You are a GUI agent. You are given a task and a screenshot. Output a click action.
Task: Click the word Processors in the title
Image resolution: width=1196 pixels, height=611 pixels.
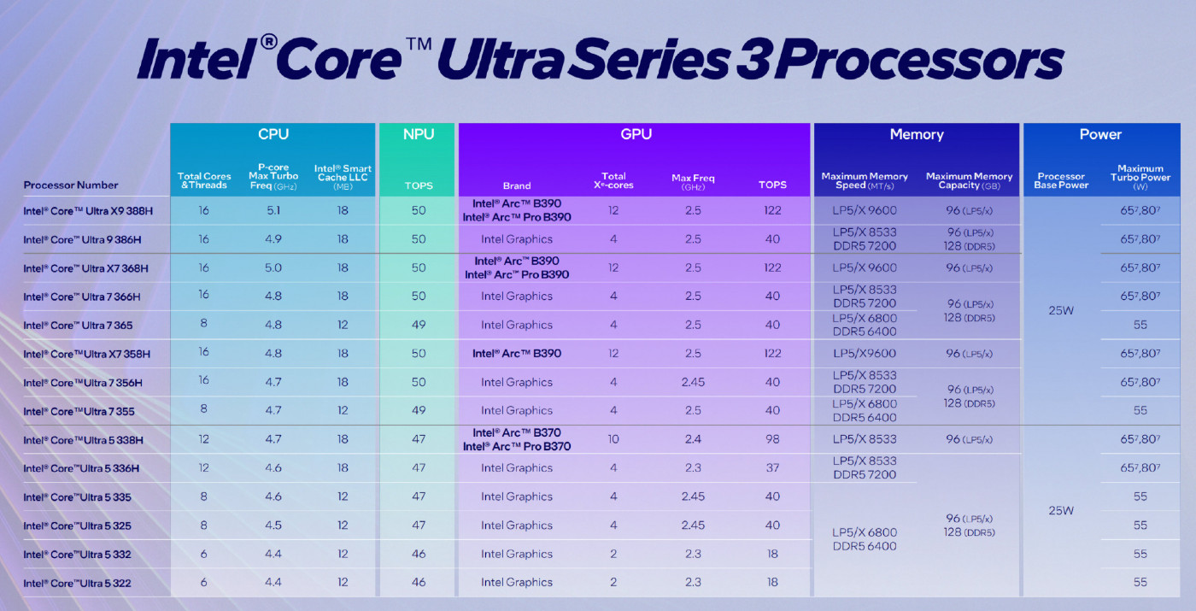tap(922, 62)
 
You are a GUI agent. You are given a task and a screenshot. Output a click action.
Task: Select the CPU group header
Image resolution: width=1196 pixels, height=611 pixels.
tap(273, 134)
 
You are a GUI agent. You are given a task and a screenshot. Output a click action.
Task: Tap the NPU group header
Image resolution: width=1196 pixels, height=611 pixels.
tap(418, 134)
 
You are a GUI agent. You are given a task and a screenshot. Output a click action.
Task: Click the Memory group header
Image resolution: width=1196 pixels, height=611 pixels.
tap(916, 134)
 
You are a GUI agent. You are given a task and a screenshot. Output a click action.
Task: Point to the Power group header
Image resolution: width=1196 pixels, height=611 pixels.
tap(1100, 134)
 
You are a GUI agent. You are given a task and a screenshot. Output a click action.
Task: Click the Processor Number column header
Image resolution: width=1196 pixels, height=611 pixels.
tap(71, 185)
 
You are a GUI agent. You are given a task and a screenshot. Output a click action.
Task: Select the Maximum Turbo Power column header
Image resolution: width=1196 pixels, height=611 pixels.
tap(1140, 177)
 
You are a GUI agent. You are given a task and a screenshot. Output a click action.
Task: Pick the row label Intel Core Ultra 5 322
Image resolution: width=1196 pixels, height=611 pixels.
tap(77, 583)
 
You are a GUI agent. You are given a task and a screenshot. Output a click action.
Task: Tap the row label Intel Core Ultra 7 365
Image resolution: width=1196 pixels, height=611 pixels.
tap(78, 326)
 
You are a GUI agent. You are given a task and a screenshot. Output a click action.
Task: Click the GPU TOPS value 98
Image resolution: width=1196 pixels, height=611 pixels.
tap(772, 439)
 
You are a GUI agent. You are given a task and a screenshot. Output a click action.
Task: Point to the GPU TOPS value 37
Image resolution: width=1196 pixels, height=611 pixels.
tap(772, 468)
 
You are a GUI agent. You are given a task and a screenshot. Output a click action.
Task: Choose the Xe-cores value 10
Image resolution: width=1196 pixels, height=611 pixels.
tap(613, 439)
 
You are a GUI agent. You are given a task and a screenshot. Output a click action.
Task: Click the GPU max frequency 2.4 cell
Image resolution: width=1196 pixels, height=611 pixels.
tap(693, 439)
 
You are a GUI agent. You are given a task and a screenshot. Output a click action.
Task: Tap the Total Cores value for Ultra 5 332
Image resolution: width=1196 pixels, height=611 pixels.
tap(203, 554)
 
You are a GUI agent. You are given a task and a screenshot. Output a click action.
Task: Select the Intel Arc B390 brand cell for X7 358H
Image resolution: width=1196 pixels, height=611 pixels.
tap(516, 354)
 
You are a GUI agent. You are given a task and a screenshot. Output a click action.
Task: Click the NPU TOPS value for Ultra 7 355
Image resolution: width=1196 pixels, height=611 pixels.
tap(418, 411)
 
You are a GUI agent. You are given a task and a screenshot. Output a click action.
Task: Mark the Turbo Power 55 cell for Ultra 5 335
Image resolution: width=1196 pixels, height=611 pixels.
tap(1140, 496)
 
